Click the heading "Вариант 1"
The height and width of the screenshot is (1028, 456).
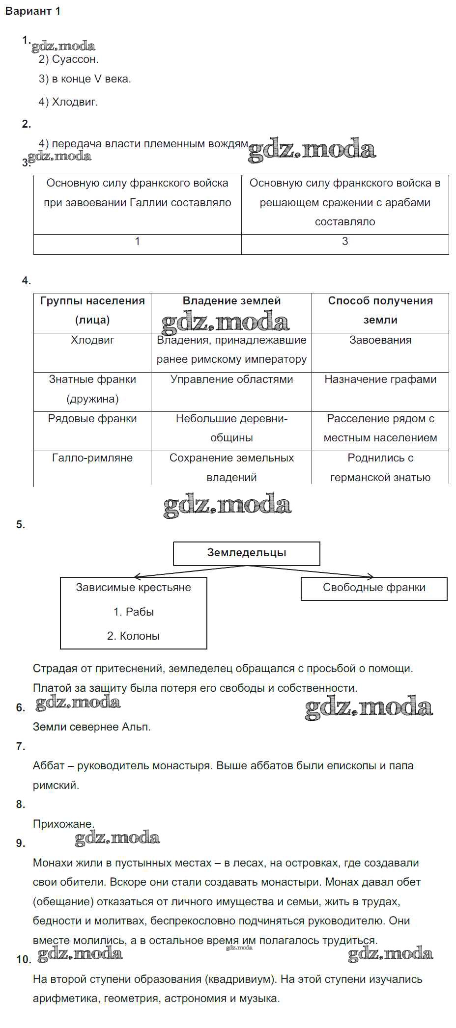click(x=33, y=11)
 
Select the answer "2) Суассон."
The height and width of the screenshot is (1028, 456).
click(x=68, y=59)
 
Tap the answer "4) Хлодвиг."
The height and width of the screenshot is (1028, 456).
click(x=68, y=102)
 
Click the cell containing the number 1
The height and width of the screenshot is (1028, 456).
click(x=137, y=242)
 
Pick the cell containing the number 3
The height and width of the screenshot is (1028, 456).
click(x=345, y=242)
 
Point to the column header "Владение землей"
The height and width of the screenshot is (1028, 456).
click(x=231, y=301)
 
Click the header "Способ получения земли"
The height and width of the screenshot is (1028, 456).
click(x=380, y=310)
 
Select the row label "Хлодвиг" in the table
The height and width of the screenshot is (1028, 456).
click(x=92, y=340)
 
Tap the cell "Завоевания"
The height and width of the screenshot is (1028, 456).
click(x=380, y=340)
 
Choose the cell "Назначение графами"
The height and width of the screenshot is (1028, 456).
click(x=380, y=379)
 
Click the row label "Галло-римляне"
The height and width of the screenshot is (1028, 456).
click(x=92, y=458)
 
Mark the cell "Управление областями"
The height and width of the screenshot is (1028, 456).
click(x=231, y=379)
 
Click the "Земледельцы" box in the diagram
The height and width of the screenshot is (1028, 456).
click(x=247, y=553)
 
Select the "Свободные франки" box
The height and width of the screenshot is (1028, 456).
click(x=374, y=588)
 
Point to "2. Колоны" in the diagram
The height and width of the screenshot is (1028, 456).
click(x=133, y=636)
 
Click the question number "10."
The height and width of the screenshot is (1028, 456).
click(x=24, y=959)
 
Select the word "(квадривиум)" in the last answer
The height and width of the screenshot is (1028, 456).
click(x=234, y=979)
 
